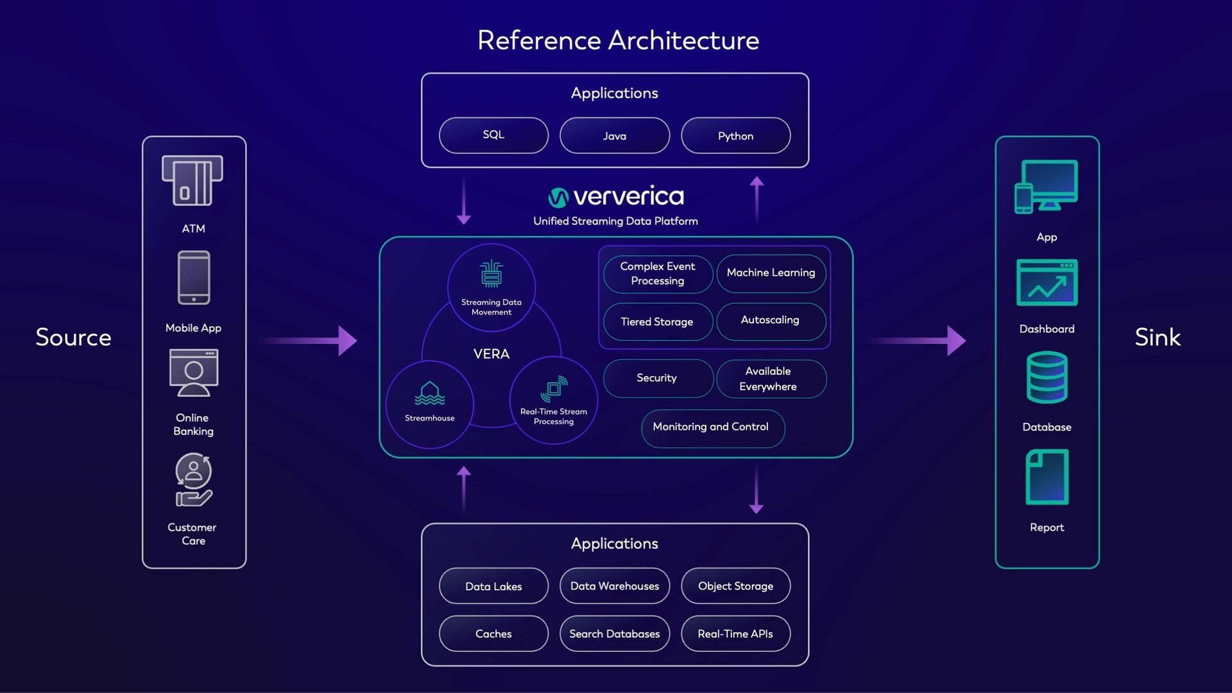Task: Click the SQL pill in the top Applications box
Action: [493, 135]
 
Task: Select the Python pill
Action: [735, 135]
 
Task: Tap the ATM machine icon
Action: [193, 181]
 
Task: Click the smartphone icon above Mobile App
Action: [194, 277]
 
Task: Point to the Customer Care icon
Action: [193, 480]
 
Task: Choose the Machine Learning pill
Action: [771, 273]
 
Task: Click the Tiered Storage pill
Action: [657, 321]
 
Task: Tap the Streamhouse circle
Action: [430, 404]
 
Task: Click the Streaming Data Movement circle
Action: [492, 287]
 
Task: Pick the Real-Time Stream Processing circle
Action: [554, 400]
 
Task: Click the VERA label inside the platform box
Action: [492, 354]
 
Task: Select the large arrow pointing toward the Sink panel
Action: [918, 340]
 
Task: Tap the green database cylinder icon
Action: [1047, 377]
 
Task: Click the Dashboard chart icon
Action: [1047, 283]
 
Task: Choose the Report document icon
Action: [1047, 477]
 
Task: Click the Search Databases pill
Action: [614, 634]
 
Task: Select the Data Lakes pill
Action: [493, 586]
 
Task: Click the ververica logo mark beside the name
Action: [558, 198]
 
